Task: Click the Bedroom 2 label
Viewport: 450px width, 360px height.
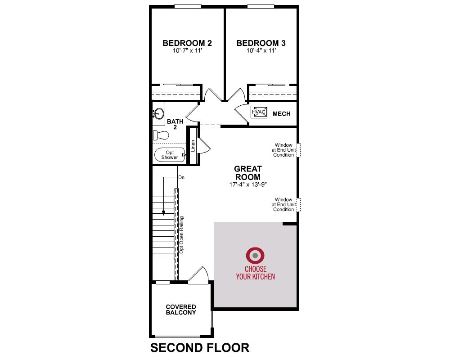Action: [x=187, y=43]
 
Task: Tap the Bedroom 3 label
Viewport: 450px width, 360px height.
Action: [x=261, y=43]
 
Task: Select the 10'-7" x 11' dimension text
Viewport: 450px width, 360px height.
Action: [x=187, y=51]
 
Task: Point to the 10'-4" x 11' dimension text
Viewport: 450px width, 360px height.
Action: [x=261, y=51]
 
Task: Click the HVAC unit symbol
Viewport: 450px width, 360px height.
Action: [x=259, y=112]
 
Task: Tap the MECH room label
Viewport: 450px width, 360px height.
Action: [x=282, y=114]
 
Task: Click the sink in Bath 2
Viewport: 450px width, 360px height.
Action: [x=158, y=114]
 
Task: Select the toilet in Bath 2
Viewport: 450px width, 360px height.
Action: [x=161, y=135]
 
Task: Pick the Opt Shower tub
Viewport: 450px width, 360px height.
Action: [x=170, y=155]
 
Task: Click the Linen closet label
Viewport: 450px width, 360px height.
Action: [x=193, y=146]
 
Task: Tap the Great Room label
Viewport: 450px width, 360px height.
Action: [x=248, y=173]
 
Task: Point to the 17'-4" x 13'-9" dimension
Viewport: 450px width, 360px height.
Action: [x=248, y=184]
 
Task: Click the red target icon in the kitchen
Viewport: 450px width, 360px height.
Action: [x=255, y=255]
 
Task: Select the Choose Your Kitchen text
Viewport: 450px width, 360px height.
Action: [x=256, y=273]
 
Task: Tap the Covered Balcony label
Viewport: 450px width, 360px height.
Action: [x=181, y=310]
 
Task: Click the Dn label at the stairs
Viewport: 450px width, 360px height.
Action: [x=181, y=177]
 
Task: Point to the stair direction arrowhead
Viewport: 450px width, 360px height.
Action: [x=164, y=213]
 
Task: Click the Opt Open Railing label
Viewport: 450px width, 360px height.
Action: [x=181, y=235]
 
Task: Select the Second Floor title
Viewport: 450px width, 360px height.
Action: [x=200, y=348]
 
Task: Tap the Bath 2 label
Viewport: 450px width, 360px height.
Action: [x=175, y=124]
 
